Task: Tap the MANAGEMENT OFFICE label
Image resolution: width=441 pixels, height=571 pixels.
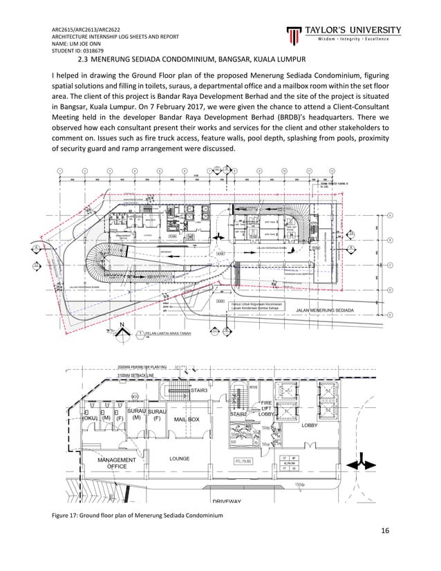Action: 116,463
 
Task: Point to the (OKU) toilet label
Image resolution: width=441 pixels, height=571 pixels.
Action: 90,418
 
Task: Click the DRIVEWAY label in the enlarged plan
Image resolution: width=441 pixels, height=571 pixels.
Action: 226,500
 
